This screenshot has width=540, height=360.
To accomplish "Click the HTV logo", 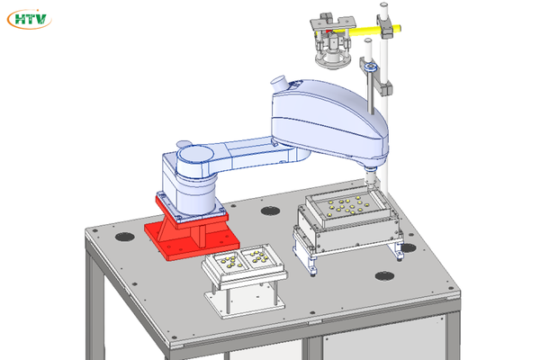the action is click(x=30, y=19).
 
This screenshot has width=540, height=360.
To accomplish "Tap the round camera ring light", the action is click(x=333, y=61).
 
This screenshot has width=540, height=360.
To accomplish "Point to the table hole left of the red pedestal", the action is click(x=125, y=237).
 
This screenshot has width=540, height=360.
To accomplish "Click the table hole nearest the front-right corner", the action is click(x=384, y=276).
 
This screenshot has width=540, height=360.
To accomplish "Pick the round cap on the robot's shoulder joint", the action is click(x=193, y=154).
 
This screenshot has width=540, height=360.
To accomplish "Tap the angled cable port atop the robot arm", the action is click(x=279, y=84).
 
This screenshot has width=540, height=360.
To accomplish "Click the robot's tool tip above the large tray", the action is click(x=371, y=180).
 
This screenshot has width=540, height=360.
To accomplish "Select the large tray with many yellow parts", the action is click(x=347, y=209).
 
